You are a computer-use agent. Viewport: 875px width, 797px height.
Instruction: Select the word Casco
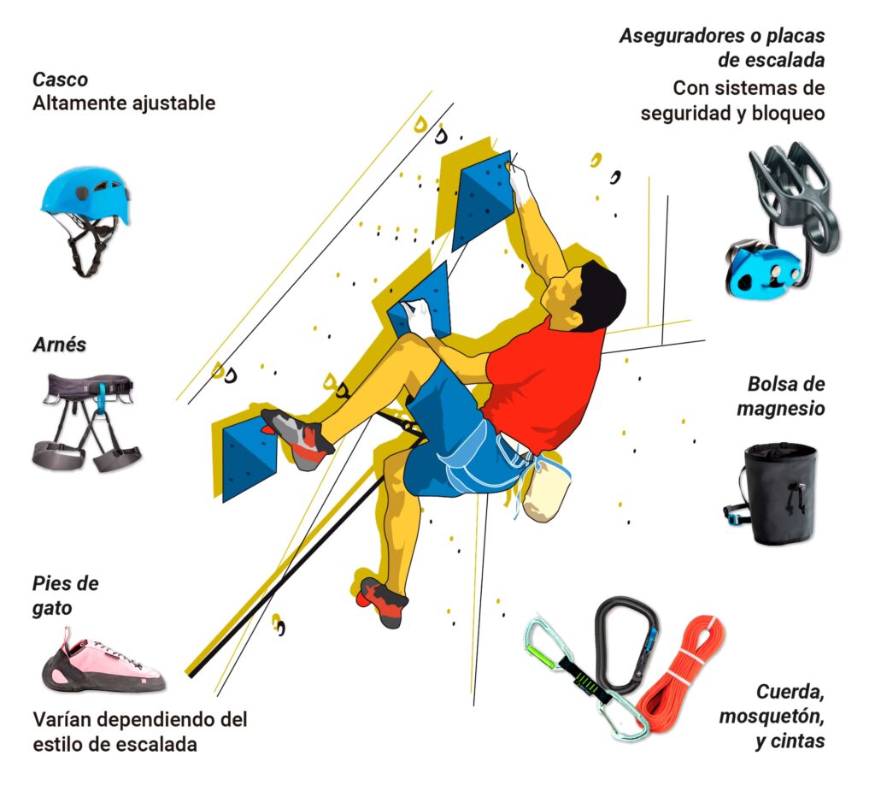pos(61,80)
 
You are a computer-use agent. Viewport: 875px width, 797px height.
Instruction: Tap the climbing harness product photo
pos(86,422)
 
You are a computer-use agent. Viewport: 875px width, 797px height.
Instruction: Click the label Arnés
pos(59,345)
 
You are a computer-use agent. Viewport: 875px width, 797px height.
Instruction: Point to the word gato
pos(52,609)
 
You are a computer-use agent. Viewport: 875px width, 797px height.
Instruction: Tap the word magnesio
pos(781,409)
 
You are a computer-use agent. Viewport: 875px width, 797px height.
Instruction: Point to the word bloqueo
pos(788,113)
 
